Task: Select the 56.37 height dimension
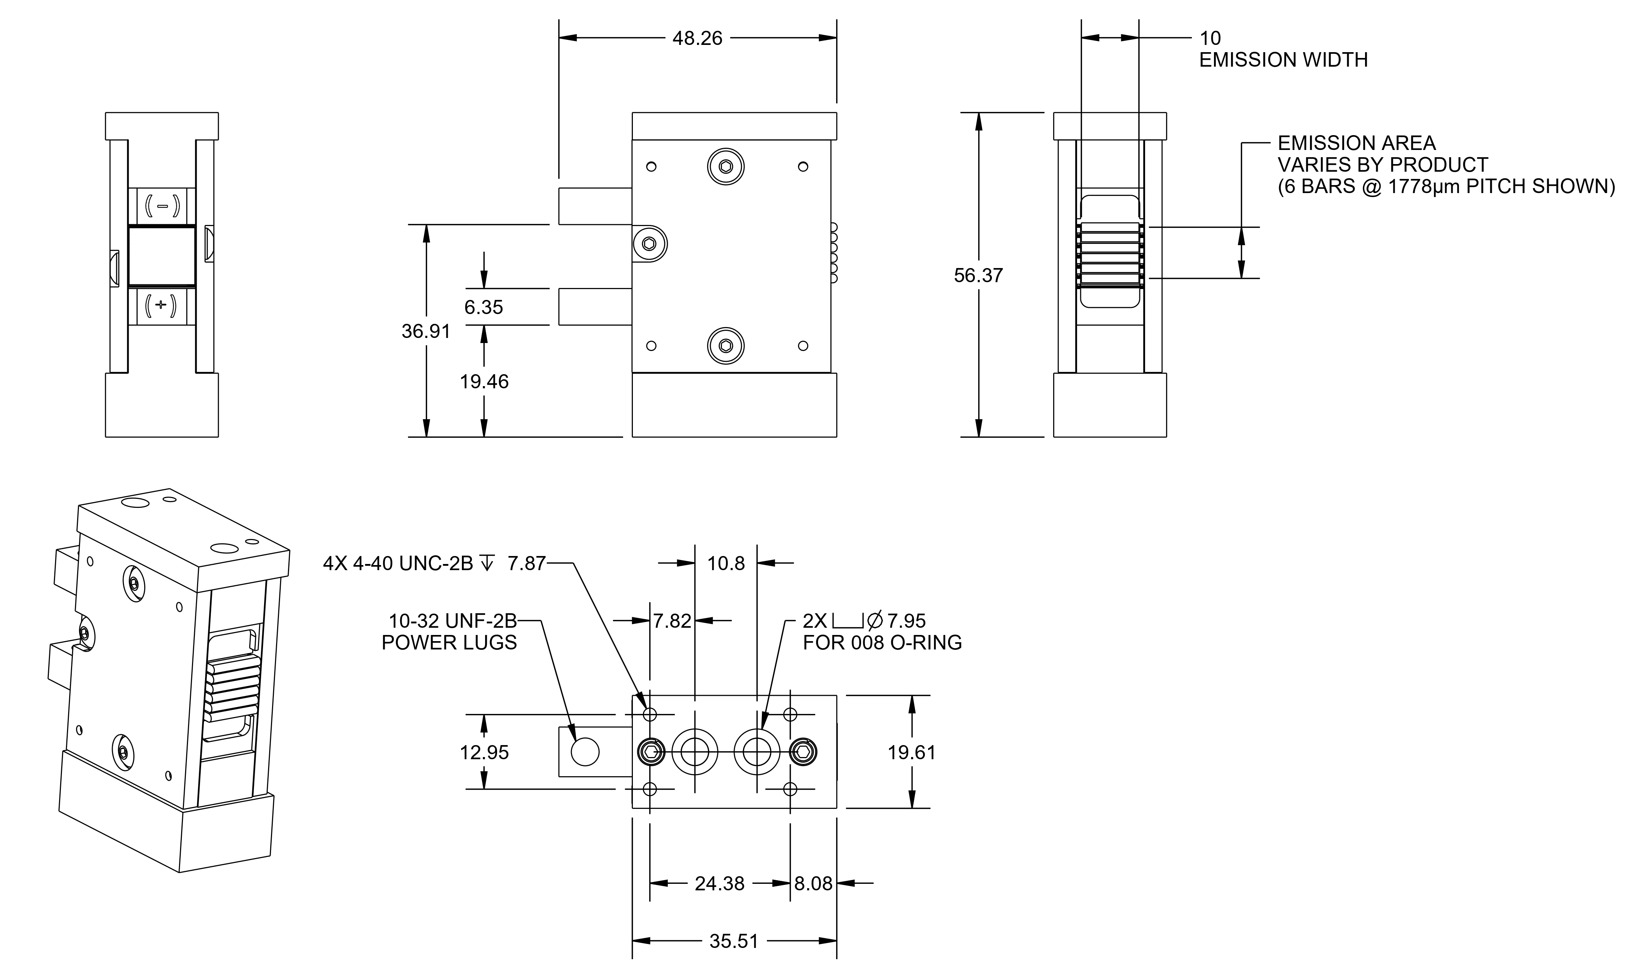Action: (x=978, y=276)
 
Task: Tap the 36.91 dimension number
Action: (x=426, y=331)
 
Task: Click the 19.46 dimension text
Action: (x=484, y=381)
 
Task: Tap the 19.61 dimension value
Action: (x=911, y=752)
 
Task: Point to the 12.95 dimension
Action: (x=484, y=752)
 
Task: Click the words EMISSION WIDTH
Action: (x=1283, y=60)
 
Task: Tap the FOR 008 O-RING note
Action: (x=882, y=643)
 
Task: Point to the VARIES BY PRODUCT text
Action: (x=1382, y=165)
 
